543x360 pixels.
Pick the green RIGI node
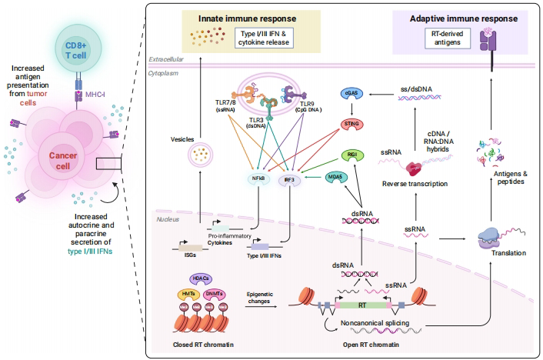coord(350,155)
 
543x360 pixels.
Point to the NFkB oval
coord(258,178)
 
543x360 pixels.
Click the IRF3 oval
coord(290,178)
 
